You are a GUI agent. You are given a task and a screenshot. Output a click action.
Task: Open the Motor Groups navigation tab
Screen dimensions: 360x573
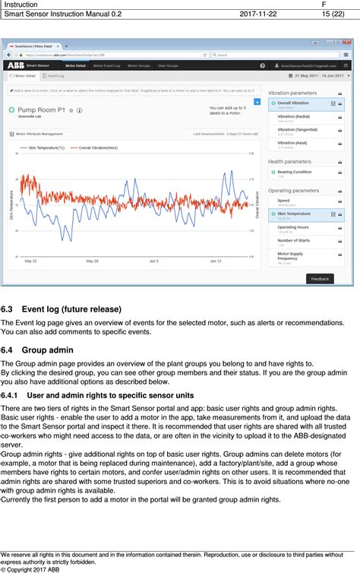point(138,66)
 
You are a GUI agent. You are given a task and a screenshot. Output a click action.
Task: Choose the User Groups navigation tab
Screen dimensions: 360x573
point(168,66)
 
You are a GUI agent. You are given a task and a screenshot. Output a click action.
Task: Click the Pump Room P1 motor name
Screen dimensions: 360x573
point(42,109)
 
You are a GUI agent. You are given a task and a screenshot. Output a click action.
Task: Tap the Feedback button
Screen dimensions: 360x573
point(320,279)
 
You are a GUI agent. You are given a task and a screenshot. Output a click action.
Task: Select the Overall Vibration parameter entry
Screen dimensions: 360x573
point(295,103)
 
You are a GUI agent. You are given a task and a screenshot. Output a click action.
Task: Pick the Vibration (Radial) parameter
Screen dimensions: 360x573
point(295,116)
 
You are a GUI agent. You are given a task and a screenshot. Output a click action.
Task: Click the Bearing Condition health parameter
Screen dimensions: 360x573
point(294,172)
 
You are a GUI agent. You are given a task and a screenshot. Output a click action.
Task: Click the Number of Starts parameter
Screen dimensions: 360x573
point(295,241)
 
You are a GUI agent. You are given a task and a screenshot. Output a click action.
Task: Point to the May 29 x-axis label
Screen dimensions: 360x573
point(92,261)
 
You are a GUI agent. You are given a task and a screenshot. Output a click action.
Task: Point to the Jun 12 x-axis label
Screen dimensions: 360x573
point(215,261)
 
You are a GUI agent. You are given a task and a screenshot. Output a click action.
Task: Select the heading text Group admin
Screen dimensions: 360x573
point(48,350)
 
